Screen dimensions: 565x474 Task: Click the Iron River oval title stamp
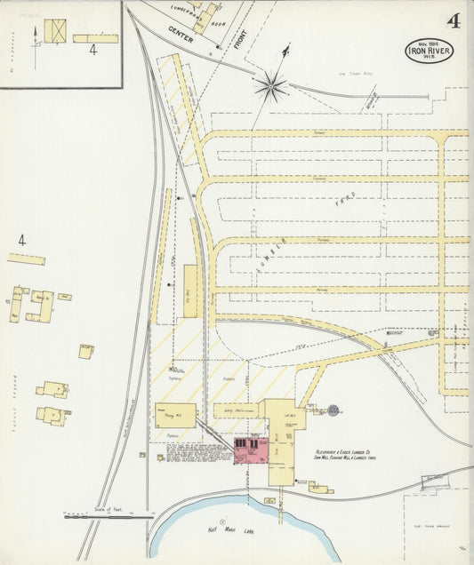coord(429,51)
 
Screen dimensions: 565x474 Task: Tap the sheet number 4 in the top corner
coord(454,22)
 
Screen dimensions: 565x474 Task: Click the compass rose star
coord(270,86)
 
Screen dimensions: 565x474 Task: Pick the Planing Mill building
coord(175,415)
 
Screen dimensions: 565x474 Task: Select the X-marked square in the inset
coord(55,31)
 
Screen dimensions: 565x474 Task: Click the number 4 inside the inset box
coord(92,50)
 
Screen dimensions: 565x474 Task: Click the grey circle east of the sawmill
coord(333,410)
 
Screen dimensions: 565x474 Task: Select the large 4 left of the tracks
coord(21,240)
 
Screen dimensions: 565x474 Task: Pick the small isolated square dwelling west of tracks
coord(86,351)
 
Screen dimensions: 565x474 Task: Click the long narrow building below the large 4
coord(27,259)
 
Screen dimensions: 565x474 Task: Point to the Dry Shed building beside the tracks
coord(191,290)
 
